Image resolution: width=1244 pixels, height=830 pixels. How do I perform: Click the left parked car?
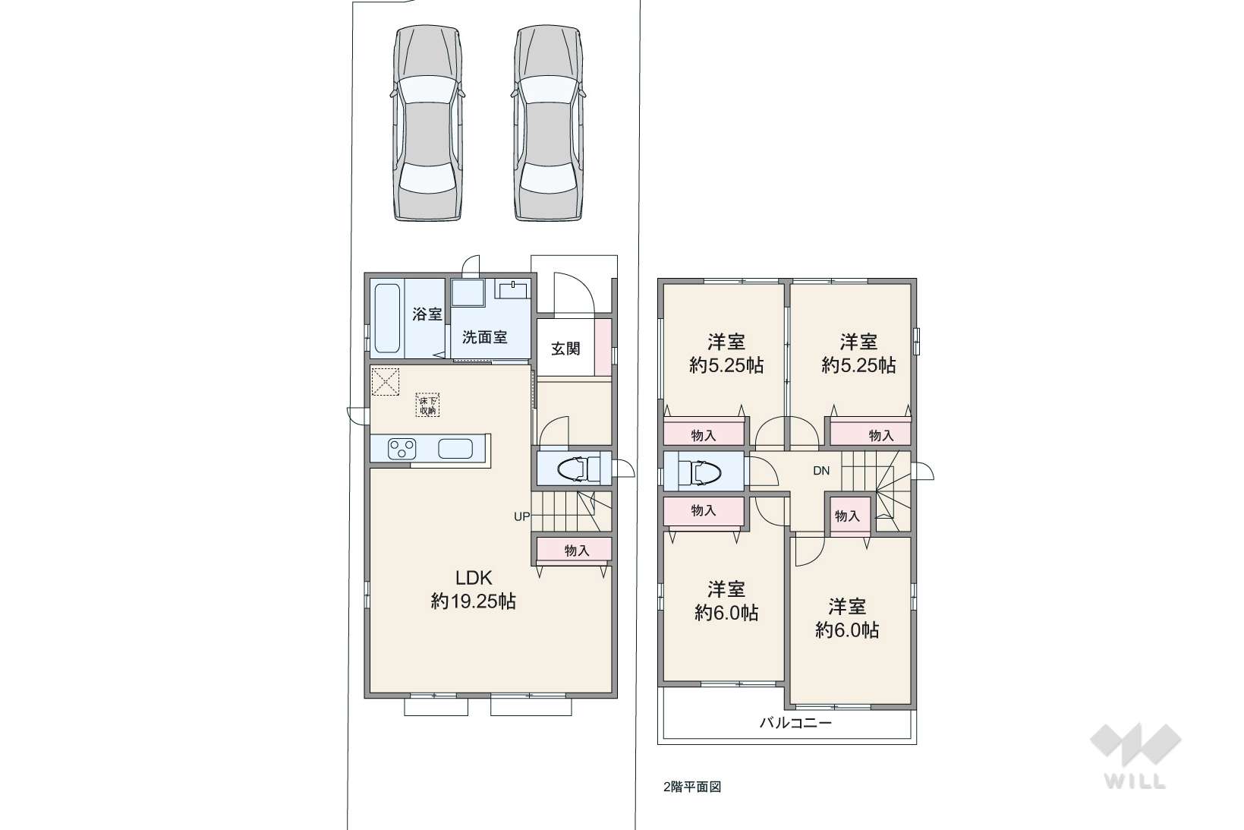[x=427, y=123]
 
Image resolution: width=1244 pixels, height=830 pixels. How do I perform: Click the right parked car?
[x=548, y=123]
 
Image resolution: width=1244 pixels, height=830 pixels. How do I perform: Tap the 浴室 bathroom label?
[x=427, y=314]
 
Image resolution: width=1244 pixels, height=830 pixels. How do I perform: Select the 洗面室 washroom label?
[x=484, y=337]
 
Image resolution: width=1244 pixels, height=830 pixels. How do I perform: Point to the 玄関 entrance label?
[x=565, y=349]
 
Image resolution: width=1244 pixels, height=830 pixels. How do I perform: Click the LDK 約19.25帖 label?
[x=474, y=589]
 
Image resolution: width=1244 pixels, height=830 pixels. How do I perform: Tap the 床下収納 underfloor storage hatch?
[x=427, y=405]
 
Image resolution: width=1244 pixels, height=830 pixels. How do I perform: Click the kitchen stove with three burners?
[x=402, y=449]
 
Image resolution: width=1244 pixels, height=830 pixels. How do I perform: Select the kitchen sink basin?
[x=455, y=449]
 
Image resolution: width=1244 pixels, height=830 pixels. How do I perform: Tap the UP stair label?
[x=521, y=516]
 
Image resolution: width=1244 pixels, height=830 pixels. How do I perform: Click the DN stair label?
[x=821, y=471]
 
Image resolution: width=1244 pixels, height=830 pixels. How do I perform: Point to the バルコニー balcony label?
[x=795, y=723]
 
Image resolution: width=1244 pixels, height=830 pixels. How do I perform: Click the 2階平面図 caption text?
[x=692, y=787]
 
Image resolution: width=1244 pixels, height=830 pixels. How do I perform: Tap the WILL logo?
[x=1135, y=756]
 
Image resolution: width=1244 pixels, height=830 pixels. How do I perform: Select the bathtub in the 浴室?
[x=387, y=319]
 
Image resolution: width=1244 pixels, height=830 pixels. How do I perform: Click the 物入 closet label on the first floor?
[x=577, y=551]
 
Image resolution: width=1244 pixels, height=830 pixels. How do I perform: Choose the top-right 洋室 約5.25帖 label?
[x=858, y=353]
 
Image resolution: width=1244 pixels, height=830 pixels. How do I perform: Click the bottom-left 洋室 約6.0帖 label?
[x=726, y=601]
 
